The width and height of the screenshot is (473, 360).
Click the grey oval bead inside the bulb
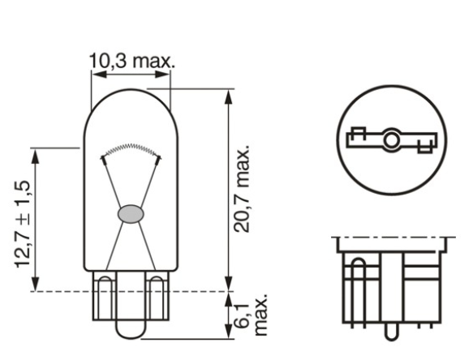(x=130, y=214)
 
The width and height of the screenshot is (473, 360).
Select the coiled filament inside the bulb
(x=130, y=148)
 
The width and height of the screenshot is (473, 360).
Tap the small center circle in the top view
(x=390, y=141)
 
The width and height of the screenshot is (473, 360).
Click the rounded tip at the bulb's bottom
(x=130, y=331)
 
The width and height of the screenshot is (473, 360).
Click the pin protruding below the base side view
(x=390, y=334)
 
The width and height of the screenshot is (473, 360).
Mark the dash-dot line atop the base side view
(x=389, y=238)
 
